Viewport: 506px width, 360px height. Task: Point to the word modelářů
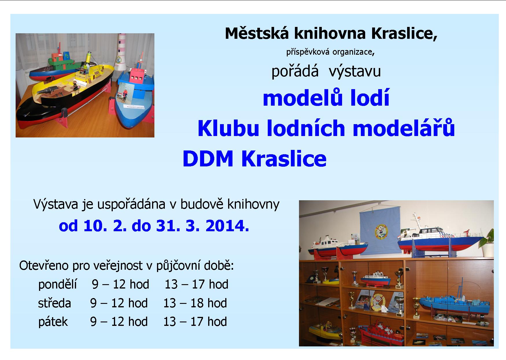(x=404, y=128)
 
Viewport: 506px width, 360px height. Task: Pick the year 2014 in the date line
(x=227, y=226)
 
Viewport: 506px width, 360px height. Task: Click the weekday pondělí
(x=58, y=284)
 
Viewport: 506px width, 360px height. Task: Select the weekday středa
(x=55, y=303)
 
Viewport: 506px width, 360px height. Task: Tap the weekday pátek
(x=53, y=322)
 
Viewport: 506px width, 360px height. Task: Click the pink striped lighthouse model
(x=121, y=52)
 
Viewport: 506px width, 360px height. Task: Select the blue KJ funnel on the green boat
(x=67, y=54)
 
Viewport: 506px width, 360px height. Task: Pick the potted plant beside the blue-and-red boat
(x=487, y=243)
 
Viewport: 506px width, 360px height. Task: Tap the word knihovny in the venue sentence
(x=253, y=204)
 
